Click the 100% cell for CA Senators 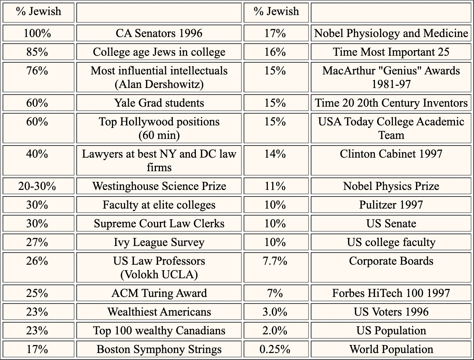(37, 33)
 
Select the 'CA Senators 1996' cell (159, 33)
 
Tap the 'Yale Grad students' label (159, 103)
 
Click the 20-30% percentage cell (37, 186)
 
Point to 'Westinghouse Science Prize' (159, 186)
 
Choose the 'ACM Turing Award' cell (159, 293)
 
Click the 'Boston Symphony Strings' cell (159, 349)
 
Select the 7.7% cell (275, 261)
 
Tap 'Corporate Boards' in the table (391, 261)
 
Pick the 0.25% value (275, 349)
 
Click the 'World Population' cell (391, 349)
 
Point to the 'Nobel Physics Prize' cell (391, 186)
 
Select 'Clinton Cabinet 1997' (391, 154)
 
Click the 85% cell (37, 52)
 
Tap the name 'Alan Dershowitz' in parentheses (159, 84)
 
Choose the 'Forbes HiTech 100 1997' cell (391, 293)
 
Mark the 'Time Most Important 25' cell (391, 52)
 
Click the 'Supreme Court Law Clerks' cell (159, 224)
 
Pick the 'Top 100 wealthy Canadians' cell (159, 331)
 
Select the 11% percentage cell (275, 186)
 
